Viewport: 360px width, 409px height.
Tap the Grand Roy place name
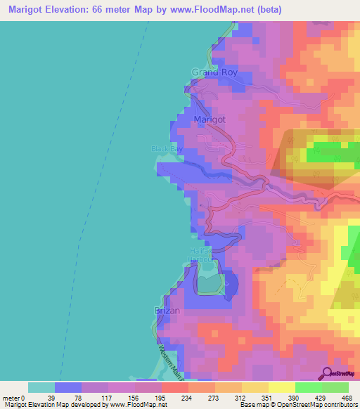[x=214, y=72]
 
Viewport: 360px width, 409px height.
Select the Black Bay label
[x=166, y=148]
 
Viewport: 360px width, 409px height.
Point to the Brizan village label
[x=167, y=310]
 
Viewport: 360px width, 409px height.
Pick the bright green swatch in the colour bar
[x=308, y=387]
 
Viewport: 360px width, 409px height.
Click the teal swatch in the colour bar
[x=41, y=387]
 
